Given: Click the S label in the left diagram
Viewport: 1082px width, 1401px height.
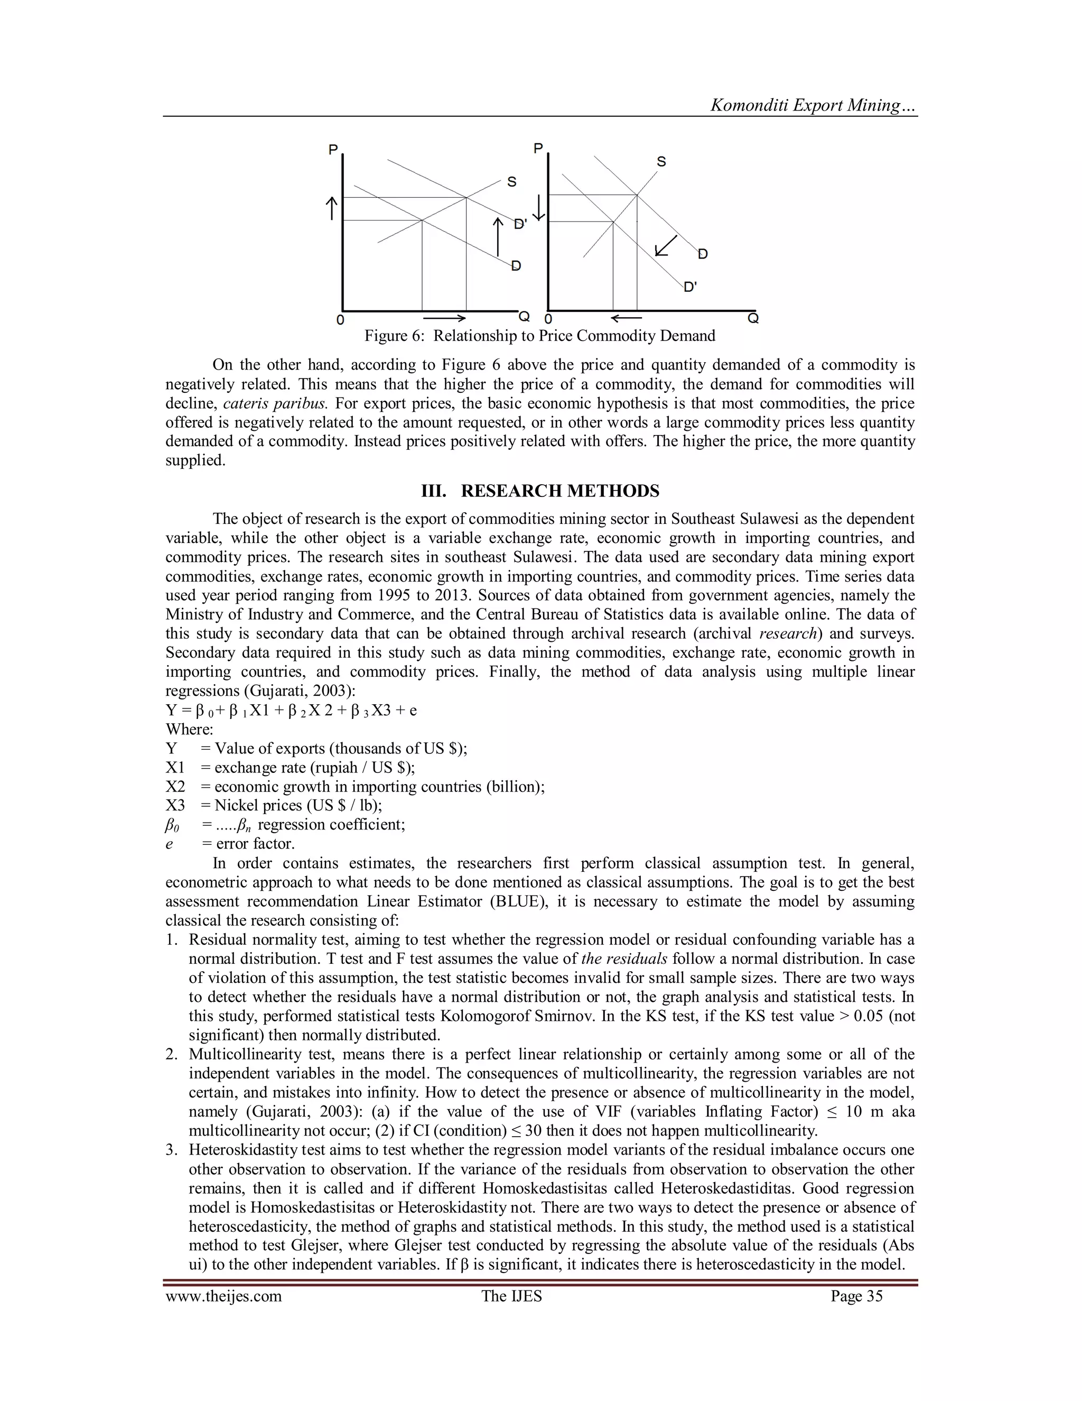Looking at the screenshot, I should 511,182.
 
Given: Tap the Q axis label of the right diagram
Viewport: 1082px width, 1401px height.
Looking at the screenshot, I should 753,318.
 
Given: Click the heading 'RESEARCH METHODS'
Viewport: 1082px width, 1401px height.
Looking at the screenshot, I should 559,491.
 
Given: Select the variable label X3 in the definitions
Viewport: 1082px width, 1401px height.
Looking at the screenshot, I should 175,805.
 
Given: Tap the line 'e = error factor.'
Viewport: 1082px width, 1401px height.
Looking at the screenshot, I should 231,844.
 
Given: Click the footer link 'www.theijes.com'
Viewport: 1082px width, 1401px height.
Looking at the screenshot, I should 223,1296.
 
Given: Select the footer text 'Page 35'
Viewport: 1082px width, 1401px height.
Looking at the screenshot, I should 856,1296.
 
